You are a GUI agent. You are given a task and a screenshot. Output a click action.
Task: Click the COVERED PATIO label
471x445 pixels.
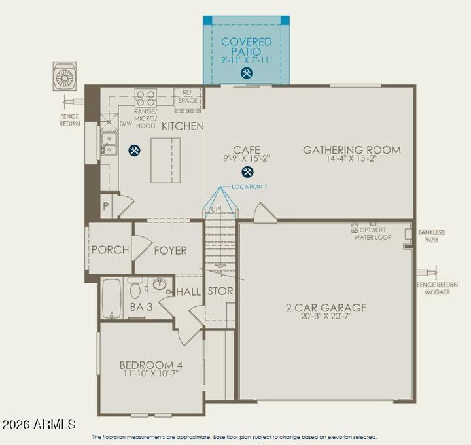click(246, 46)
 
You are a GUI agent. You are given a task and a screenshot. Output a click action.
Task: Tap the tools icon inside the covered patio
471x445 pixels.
click(247, 73)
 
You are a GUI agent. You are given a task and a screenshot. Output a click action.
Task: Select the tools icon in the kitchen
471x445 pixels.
click(134, 151)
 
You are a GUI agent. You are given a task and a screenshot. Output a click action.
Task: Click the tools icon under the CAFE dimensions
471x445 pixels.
click(247, 172)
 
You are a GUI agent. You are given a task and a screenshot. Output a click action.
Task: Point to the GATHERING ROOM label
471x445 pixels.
click(351, 150)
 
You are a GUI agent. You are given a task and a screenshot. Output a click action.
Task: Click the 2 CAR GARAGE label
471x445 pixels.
click(326, 308)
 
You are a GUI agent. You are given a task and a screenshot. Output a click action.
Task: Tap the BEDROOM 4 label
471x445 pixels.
click(150, 365)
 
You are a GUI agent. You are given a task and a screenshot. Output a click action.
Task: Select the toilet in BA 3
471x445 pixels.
click(135, 287)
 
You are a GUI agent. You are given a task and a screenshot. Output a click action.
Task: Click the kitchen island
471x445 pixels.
click(166, 160)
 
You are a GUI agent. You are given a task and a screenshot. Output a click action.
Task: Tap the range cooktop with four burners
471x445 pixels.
click(145, 98)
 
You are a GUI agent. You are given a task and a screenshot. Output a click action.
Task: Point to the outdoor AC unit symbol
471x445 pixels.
click(65, 77)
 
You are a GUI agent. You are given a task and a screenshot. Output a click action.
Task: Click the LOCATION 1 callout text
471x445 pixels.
click(249, 187)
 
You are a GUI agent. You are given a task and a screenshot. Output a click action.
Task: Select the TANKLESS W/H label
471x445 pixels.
click(431, 236)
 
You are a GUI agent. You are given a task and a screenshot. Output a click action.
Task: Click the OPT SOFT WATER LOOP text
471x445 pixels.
click(372, 233)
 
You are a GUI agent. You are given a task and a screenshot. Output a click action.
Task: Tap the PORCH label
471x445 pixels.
click(109, 250)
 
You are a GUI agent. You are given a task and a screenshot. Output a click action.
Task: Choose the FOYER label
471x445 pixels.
click(170, 250)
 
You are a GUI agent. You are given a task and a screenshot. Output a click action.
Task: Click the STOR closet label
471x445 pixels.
click(220, 291)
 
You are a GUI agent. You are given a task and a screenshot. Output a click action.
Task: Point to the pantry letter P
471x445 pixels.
click(105, 205)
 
